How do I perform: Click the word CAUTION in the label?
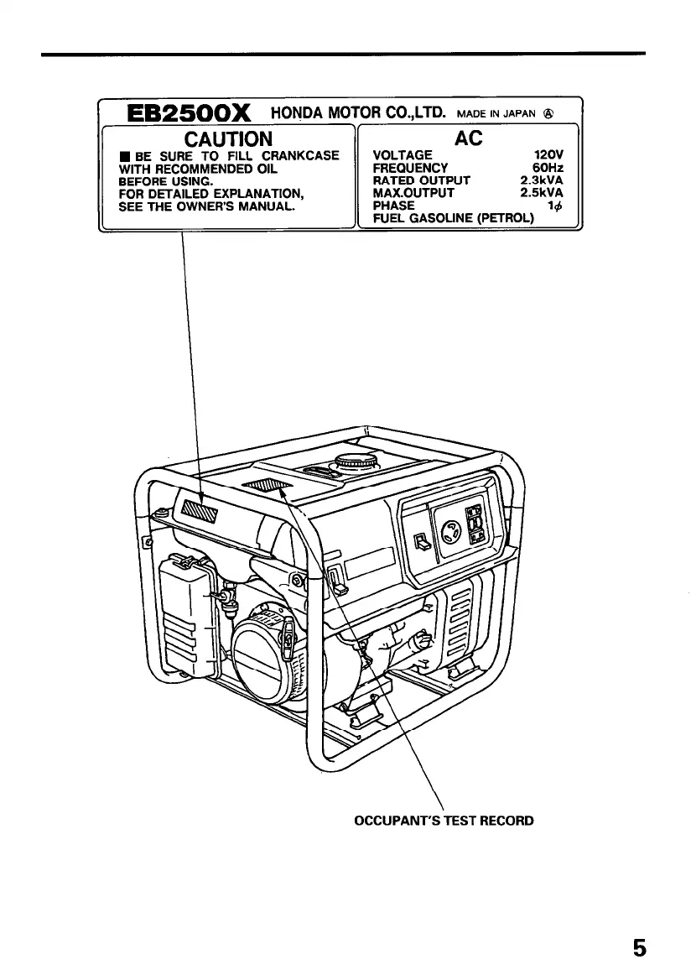pos(228,138)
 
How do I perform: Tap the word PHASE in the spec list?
pos(393,206)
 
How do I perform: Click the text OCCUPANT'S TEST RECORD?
pos(444,820)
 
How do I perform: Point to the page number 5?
pos(640,947)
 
